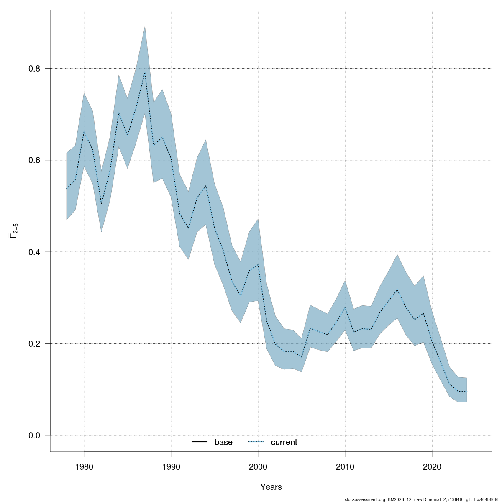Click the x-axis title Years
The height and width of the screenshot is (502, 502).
[271, 487]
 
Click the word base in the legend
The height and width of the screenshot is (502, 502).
[223, 442]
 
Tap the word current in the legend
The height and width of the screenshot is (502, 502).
[284, 442]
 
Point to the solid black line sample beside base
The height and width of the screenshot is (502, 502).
[200, 442]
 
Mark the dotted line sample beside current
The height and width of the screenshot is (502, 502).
[256, 442]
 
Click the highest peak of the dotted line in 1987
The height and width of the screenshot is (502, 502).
[145, 73]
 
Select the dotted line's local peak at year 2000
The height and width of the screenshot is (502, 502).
[258, 264]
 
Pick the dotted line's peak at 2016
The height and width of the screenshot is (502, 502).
[397, 289]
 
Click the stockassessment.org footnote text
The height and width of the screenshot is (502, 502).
[422, 499]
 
